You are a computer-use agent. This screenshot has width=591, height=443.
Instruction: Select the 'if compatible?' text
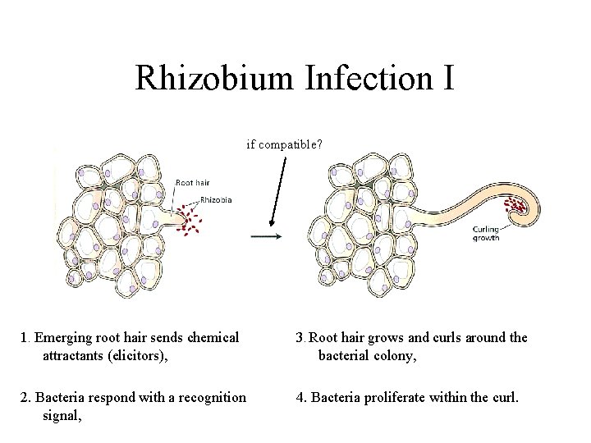(285, 144)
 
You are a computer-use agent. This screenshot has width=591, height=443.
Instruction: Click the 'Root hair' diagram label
(192, 183)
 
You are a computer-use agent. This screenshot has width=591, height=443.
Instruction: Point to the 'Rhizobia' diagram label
(215, 200)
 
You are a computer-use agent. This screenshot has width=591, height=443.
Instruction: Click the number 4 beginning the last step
(301, 397)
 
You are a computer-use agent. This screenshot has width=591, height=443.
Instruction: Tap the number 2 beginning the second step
(25, 397)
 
